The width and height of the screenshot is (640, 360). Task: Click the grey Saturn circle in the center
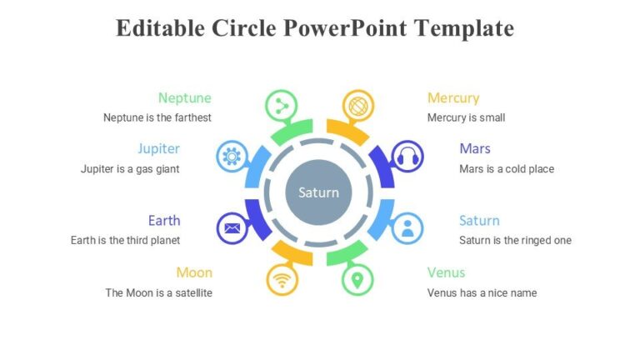click(319, 192)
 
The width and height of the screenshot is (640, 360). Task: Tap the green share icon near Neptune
click(281, 105)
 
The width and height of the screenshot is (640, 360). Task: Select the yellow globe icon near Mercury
click(357, 105)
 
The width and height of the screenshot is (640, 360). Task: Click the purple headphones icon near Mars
click(407, 156)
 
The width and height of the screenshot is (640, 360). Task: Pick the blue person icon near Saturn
click(407, 228)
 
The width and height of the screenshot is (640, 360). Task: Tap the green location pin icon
click(357, 279)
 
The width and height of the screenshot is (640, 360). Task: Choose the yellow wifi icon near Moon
click(282, 279)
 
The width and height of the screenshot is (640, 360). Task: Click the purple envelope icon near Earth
click(232, 228)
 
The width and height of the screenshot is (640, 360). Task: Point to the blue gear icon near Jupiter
click(232, 156)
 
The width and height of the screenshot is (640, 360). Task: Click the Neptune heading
click(184, 97)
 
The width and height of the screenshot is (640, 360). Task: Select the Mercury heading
click(453, 97)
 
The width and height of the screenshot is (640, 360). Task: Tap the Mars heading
click(475, 148)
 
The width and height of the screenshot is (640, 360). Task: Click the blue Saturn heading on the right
click(479, 221)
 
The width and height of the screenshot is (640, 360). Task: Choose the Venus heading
click(446, 272)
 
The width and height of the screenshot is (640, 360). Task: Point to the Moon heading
click(194, 272)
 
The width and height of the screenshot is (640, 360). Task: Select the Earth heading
click(164, 221)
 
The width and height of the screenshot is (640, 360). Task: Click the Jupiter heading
click(158, 148)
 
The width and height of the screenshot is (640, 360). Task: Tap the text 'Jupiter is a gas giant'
click(130, 169)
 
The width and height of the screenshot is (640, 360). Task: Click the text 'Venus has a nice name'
click(482, 292)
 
